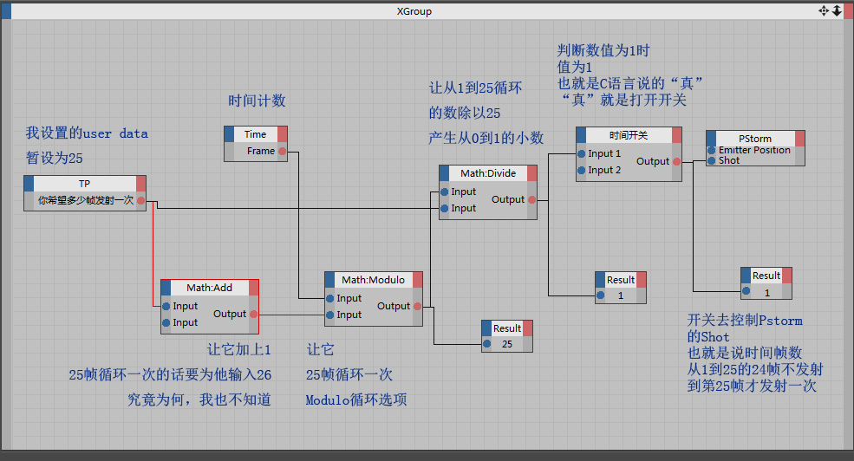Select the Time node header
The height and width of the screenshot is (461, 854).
(255, 134)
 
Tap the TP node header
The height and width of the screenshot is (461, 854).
(84, 184)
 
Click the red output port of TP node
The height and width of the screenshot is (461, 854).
(141, 200)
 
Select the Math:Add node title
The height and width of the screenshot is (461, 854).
(209, 288)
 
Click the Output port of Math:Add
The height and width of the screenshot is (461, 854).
(253, 314)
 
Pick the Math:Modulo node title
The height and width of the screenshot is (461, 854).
(368, 280)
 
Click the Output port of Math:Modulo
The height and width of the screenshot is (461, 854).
(417, 306)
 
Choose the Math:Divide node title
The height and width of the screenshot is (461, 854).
(488, 173)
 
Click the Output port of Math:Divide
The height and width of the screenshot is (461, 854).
(531, 199)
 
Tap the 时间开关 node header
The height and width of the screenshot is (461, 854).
(628, 135)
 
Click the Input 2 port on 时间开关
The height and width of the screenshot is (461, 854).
(582, 171)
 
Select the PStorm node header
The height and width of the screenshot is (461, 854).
(754, 139)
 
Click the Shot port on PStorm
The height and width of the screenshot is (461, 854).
(711, 161)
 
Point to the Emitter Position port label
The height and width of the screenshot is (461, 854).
(754, 150)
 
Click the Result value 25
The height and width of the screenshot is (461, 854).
(507, 344)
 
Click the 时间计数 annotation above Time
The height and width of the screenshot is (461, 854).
(257, 101)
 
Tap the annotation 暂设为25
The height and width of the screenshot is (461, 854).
(54, 159)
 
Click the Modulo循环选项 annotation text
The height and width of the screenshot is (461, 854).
(355, 399)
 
